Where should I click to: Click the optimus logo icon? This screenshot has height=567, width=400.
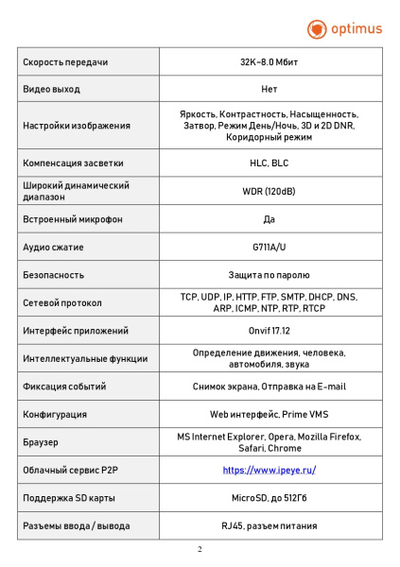click(x=317, y=29)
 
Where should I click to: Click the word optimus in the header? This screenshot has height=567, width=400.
click(x=356, y=29)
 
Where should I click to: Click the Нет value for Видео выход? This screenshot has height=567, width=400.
click(x=269, y=90)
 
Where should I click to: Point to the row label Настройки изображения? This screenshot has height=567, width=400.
click(x=76, y=126)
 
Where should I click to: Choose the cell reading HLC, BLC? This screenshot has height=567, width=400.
click(x=269, y=163)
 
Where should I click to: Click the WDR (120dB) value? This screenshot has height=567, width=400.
click(x=269, y=191)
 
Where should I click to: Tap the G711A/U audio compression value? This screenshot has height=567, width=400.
click(x=269, y=248)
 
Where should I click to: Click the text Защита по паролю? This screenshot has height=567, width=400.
click(x=269, y=275)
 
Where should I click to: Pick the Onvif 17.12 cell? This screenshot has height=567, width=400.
click(x=269, y=331)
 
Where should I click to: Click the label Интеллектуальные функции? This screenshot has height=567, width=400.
click(x=85, y=359)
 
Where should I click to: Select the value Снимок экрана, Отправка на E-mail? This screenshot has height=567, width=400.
click(x=269, y=387)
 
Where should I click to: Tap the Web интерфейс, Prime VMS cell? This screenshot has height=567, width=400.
click(x=269, y=414)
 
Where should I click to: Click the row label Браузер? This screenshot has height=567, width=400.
click(x=40, y=442)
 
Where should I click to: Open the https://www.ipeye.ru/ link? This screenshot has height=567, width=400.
click(x=269, y=470)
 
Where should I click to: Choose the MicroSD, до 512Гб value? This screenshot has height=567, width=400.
click(x=269, y=498)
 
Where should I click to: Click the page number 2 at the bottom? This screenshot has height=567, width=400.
click(x=200, y=549)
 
